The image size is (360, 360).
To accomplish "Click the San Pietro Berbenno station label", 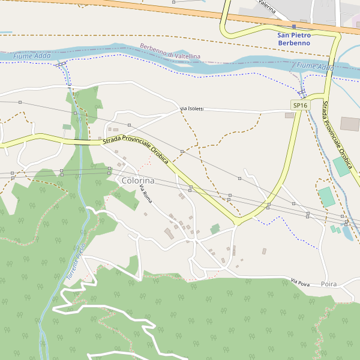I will point(294,39).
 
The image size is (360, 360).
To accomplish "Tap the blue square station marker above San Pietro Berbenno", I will point(294,27).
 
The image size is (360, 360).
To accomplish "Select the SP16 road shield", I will point(300,105).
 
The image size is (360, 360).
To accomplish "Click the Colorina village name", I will point(138,181).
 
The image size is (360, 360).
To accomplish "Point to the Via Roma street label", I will point(146,196).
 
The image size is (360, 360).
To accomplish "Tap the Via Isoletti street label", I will point(192,109).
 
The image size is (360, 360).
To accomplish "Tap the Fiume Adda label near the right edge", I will point(315,66).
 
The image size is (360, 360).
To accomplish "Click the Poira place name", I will point(329,284).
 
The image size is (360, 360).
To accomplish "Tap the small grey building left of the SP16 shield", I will point(289,115).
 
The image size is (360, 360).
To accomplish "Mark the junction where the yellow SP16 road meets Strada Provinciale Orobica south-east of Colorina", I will point(238,221).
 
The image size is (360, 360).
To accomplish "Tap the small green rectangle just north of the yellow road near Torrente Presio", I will point(66,127).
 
